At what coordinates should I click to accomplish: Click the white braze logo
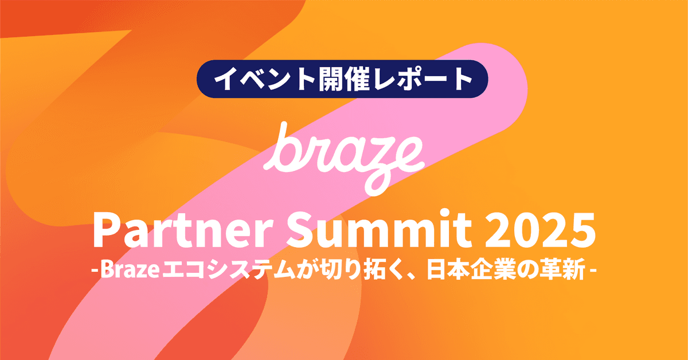click(344, 152)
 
